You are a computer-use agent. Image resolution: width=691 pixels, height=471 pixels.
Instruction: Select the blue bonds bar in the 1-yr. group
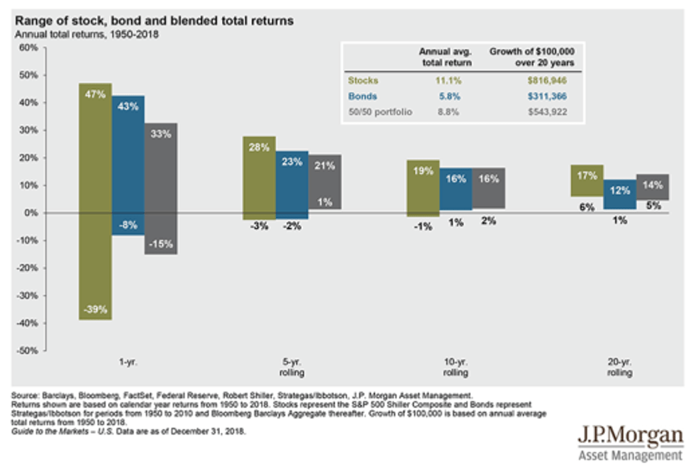point(128,163)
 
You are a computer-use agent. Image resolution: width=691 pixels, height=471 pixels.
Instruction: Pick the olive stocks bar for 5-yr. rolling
point(259,177)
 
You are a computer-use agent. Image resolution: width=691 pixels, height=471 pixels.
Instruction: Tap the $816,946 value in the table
point(546,80)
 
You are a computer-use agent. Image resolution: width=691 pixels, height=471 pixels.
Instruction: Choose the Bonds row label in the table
point(363,96)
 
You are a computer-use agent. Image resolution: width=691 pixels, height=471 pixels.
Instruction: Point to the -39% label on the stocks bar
point(94,309)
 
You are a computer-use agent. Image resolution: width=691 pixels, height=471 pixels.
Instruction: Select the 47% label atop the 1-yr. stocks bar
point(94,92)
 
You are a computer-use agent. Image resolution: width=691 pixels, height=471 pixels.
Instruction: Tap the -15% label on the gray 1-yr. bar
point(160,244)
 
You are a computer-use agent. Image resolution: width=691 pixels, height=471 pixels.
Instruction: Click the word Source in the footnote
point(27,394)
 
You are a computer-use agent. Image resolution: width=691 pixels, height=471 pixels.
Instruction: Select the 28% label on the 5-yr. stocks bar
point(259,147)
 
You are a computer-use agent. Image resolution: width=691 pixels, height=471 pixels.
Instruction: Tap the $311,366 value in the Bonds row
point(546,96)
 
